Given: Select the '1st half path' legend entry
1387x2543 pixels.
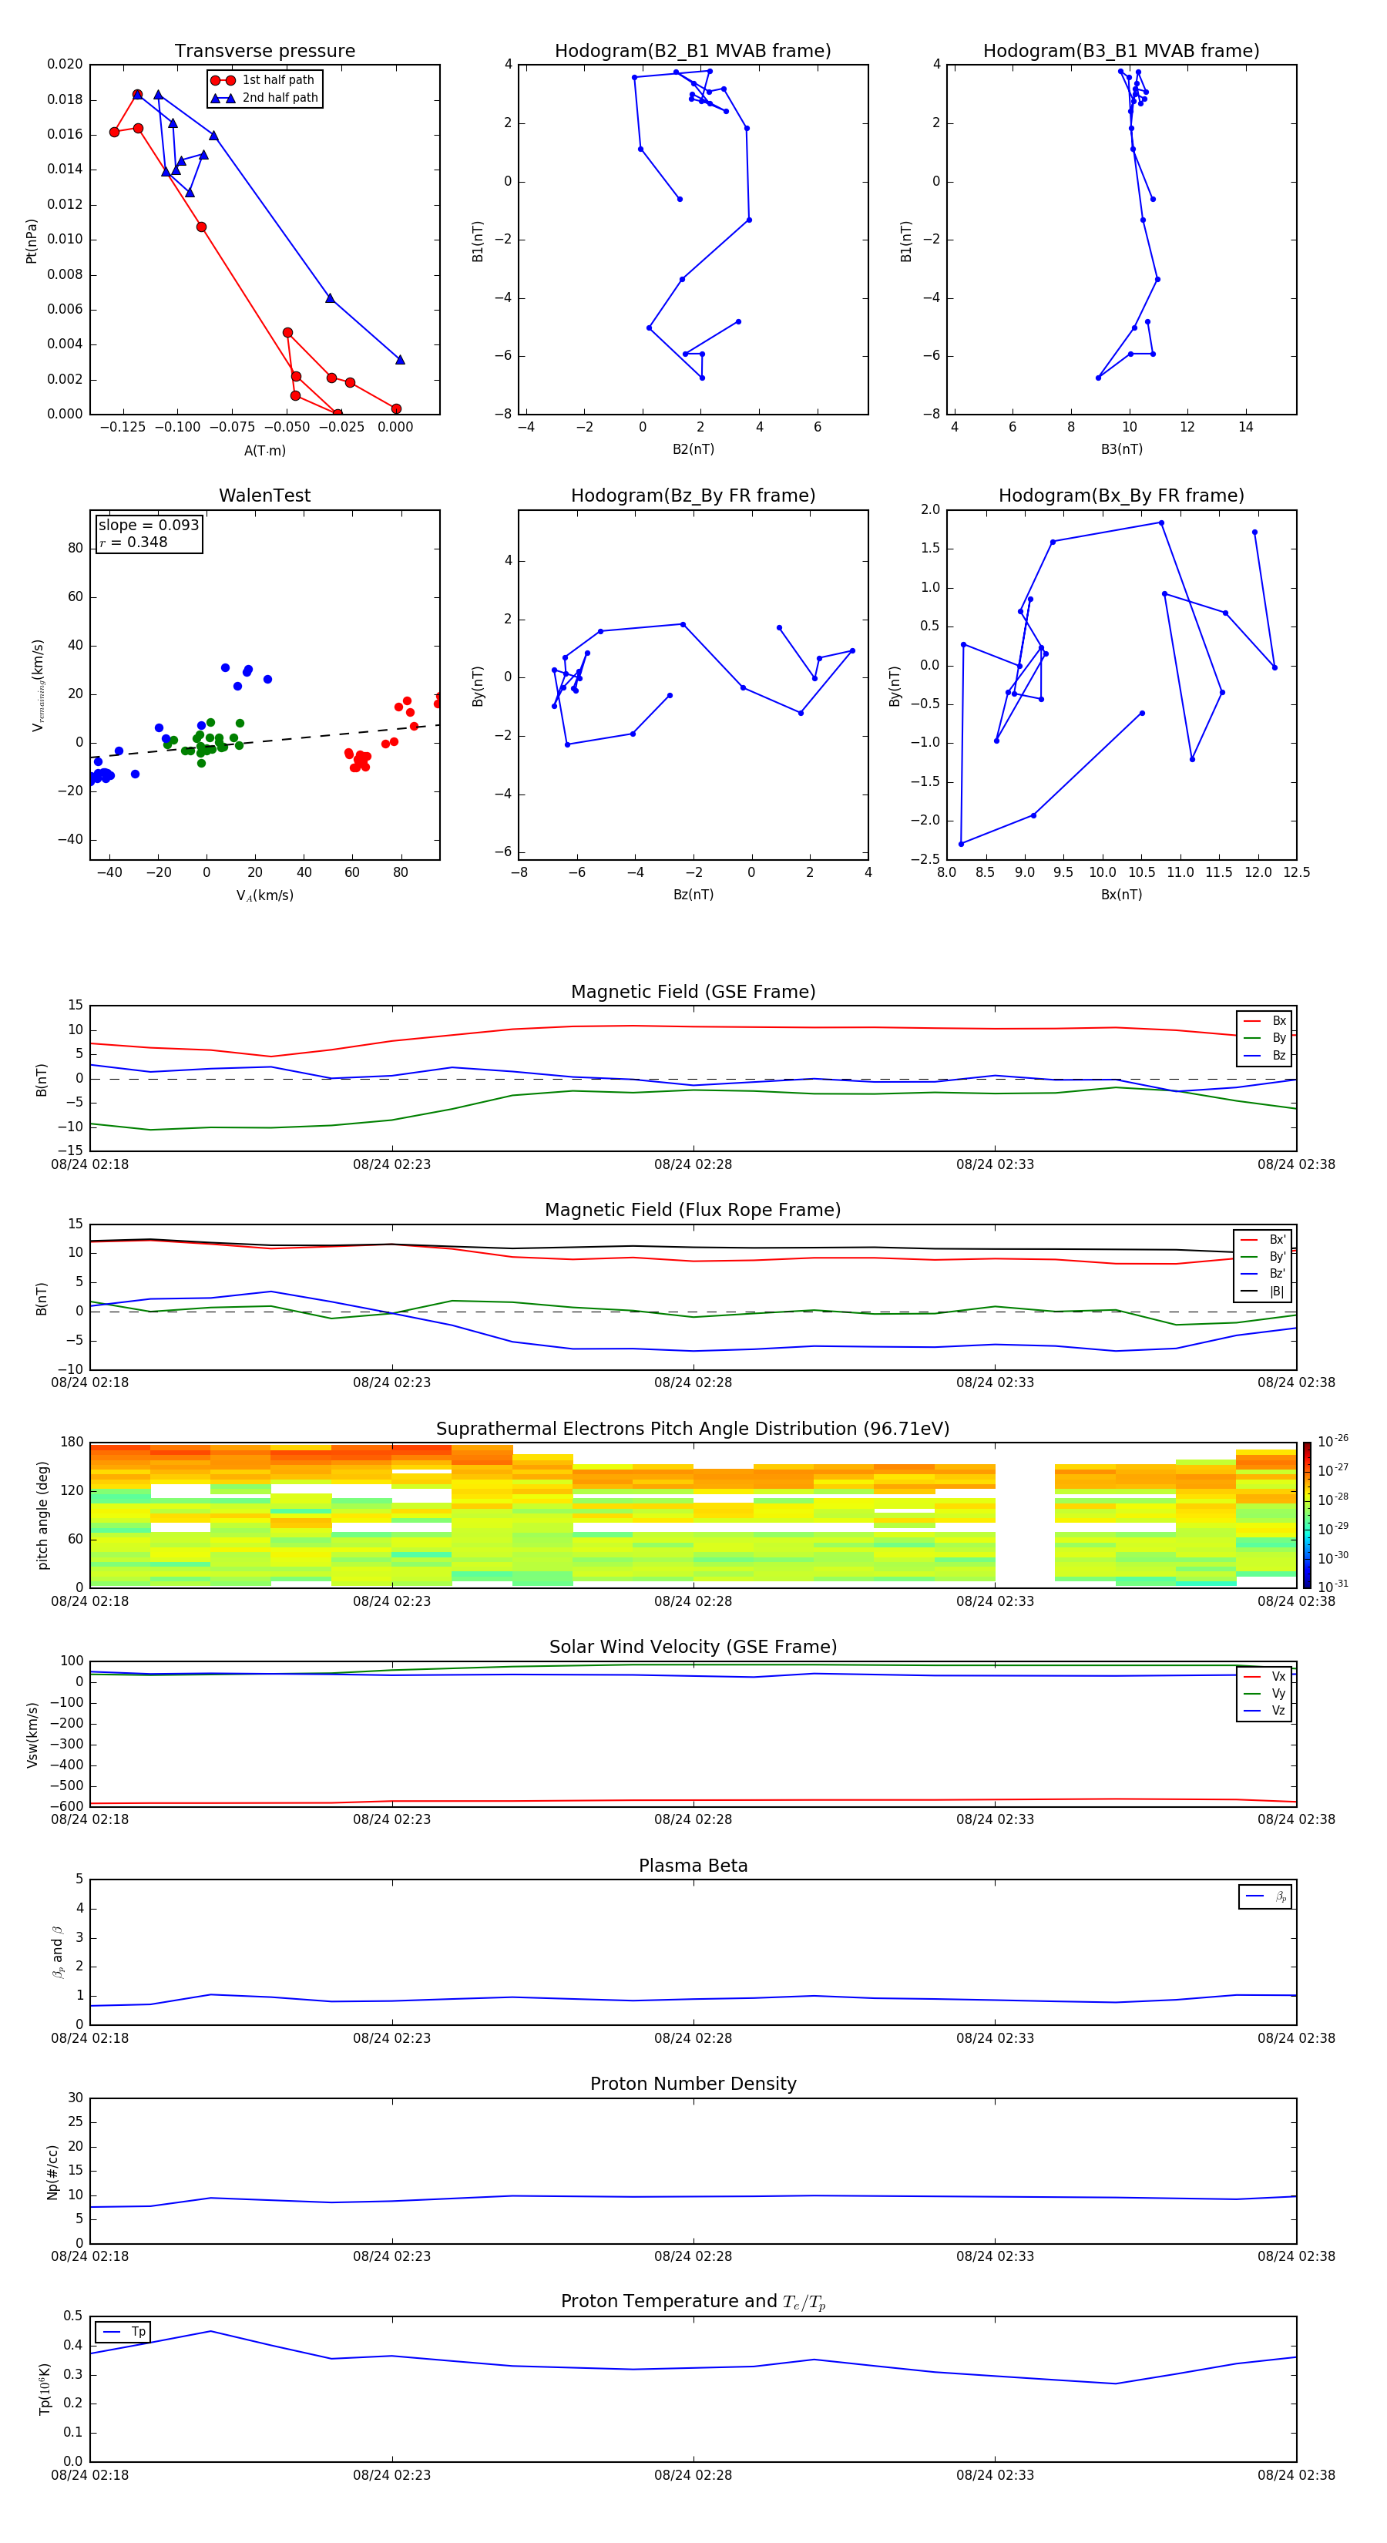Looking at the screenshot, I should [277, 80].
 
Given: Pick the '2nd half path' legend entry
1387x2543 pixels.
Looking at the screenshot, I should [280, 98].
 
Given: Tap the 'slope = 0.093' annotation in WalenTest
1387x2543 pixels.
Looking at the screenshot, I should [148, 526].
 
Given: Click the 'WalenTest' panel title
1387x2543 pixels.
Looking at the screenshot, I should [264, 495].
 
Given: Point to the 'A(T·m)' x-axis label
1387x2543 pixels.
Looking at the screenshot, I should [264, 451].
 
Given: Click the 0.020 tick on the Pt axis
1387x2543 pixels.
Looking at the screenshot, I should [65, 64].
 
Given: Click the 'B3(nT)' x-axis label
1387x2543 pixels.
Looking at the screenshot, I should [1121, 449].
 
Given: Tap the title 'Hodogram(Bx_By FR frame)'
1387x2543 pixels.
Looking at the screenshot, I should [1120, 495].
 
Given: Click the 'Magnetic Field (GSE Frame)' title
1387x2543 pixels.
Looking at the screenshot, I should [693, 992].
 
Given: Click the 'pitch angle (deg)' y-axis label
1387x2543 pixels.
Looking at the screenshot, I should [42, 1514].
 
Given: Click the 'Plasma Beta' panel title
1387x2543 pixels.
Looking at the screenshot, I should [693, 1866].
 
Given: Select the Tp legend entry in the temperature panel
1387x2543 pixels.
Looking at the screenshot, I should [137, 2332].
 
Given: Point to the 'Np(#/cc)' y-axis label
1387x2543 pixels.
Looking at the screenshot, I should [52, 2171].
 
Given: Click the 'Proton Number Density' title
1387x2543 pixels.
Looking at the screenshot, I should [693, 2084].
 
